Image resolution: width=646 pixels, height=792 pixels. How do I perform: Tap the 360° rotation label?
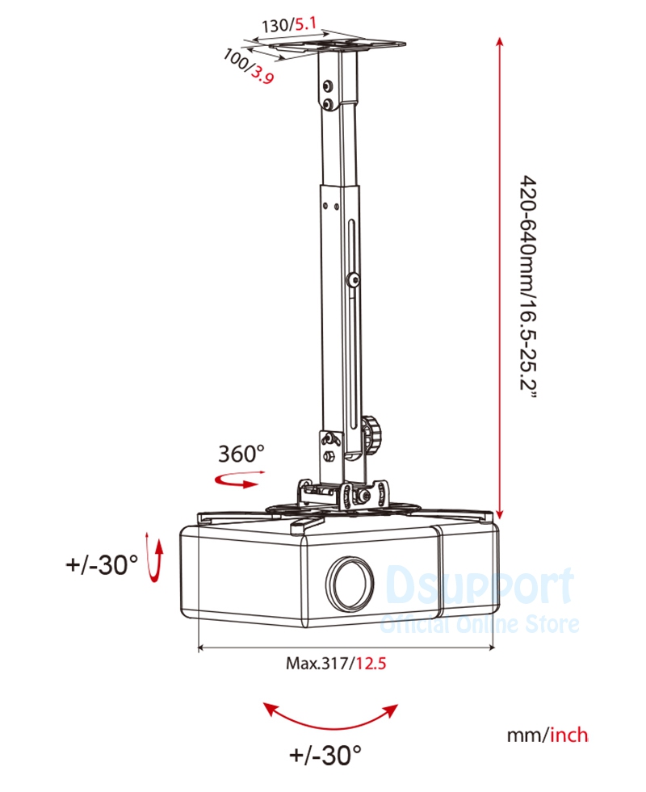tap(241, 454)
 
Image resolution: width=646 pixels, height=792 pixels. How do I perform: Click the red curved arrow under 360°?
tap(236, 481)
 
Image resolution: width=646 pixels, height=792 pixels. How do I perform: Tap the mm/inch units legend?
tap(547, 735)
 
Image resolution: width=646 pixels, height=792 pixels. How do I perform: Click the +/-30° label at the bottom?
tap(325, 756)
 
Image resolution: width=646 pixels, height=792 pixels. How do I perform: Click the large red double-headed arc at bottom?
tap(332, 714)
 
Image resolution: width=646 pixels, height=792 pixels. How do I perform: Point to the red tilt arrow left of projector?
tap(153, 559)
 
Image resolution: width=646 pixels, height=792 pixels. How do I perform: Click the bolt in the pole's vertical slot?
tap(354, 280)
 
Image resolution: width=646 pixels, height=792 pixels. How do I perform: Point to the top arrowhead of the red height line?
tap(501, 41)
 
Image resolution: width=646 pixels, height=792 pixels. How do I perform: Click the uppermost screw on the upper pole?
tap(326, 86)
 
